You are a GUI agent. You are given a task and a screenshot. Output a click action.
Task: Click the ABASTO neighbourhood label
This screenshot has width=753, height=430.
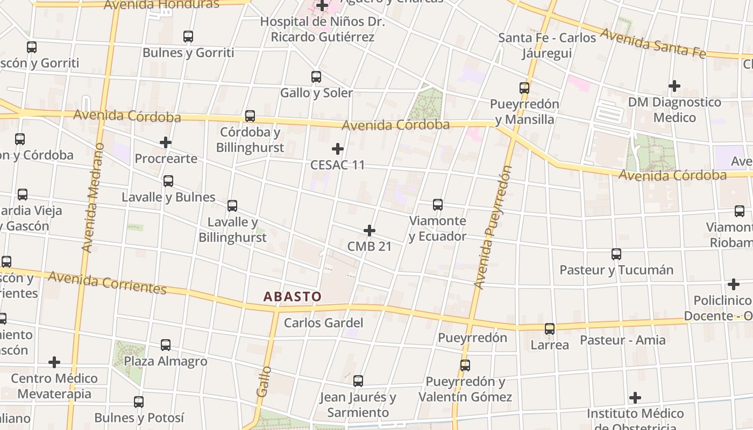point(293,296)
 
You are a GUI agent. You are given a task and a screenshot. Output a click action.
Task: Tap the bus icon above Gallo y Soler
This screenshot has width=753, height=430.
point(316,77)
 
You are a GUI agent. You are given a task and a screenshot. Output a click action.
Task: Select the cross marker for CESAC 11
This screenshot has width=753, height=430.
point(338,148)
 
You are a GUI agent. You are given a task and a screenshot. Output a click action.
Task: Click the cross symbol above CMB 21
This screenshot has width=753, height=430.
point(370,231)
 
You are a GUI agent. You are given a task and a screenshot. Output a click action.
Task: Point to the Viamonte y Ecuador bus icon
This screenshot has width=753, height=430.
point(438,205)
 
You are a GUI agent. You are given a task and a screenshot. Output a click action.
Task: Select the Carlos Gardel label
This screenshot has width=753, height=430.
point(324,323)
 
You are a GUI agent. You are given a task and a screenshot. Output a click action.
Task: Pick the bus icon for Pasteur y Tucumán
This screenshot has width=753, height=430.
point(616,254)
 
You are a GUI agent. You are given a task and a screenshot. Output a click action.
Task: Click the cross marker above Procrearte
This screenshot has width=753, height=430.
point(166,142)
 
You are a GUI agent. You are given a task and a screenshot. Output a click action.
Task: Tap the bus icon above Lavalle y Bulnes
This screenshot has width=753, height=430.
point(168,181)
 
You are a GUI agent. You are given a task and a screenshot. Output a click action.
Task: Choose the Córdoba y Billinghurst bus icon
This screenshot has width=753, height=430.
point(250,116)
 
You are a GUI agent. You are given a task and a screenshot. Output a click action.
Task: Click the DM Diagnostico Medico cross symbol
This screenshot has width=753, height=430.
point(674,86)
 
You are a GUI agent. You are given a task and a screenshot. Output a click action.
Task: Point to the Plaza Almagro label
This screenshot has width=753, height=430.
point(166,361)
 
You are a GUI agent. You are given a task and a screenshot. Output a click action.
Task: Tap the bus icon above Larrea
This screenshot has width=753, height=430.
point(550,329)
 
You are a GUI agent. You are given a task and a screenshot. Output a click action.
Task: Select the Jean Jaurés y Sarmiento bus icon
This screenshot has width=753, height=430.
point(358,381)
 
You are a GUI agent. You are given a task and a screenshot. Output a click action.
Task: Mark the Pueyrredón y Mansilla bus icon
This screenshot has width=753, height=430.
point(524,88)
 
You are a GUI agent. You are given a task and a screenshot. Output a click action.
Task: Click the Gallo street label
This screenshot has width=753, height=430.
point(264,382)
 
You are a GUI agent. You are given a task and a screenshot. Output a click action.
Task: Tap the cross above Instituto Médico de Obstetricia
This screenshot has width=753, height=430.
point(635,398)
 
